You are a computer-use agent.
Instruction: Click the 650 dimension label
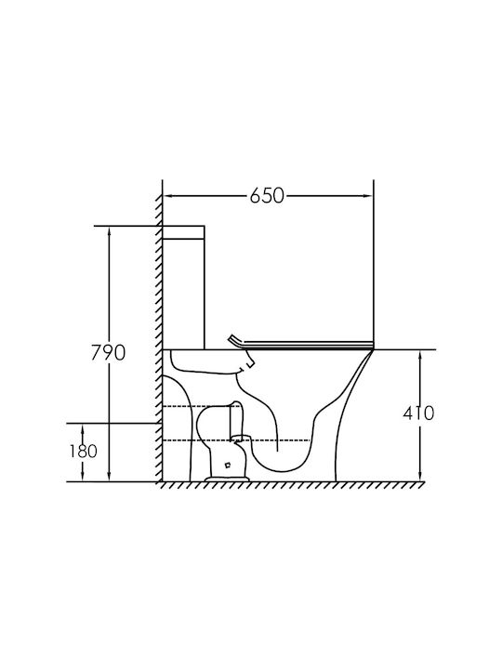point(267,196)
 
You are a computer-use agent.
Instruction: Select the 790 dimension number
point(109,353)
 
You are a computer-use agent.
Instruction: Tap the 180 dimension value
point(84,451)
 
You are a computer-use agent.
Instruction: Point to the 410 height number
point(418,413)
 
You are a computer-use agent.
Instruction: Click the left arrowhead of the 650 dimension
point(167,196)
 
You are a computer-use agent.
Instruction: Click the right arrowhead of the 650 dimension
point(367,196)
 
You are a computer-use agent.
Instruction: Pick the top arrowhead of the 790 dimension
point(110,230)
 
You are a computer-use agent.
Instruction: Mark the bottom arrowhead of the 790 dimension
point(110,477)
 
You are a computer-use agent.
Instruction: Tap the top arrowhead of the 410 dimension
point(420,355)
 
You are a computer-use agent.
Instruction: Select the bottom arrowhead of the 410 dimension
point(420,477)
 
